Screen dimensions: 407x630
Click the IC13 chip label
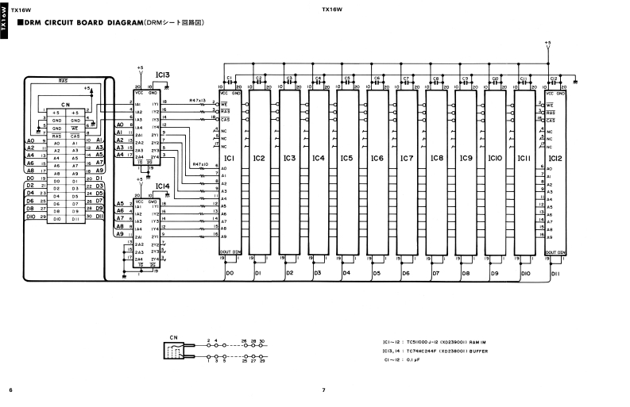[163, 75]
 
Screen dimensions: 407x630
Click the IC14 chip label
[162, 186]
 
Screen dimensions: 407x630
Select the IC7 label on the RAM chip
[407, 159]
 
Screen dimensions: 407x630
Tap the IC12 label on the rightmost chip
[555, 159]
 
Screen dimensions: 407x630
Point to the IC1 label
[230, 159]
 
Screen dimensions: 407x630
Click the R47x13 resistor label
[198, 100]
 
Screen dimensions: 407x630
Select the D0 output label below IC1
[230, 272]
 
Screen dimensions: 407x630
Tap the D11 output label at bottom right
[555, 272]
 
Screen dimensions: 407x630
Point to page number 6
[10, 390]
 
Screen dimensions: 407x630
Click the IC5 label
[347, 159]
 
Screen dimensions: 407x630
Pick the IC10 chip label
[496, 159]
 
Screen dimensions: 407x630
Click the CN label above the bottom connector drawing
[174, 337]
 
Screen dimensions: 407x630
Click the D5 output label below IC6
[377, 273]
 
